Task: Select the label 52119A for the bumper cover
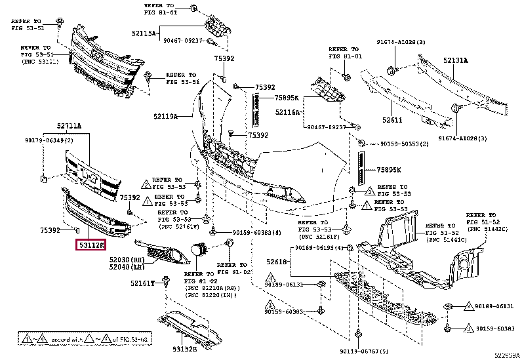(x=167, y=116)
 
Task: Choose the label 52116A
(x=288, y=112)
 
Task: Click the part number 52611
(x=393, y=120)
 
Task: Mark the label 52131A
(x=455, y=60)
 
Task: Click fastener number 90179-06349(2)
(x=49, y=139)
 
